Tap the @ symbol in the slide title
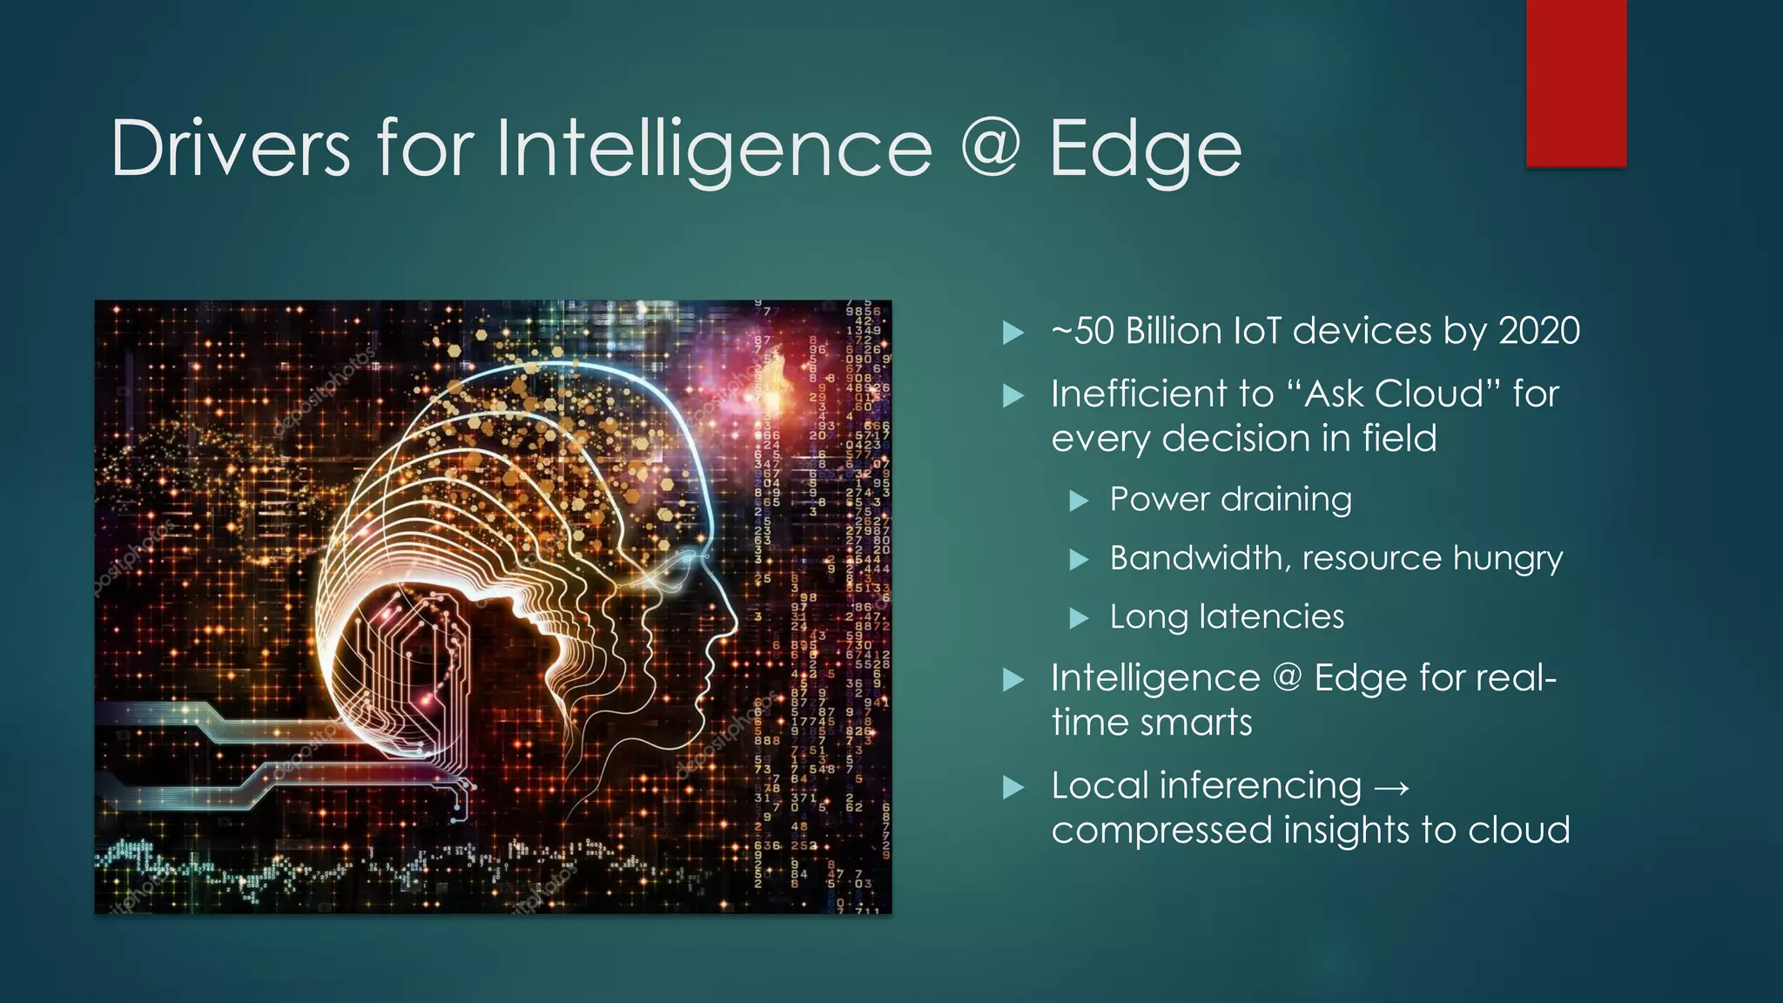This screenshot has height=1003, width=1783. pos(991,148)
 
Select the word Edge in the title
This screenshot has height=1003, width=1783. pos(1146,150)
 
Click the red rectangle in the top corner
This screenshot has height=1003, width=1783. pos(1576,83)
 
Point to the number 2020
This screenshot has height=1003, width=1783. pos(1539,331)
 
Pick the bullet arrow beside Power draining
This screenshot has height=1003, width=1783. pos(1080,501)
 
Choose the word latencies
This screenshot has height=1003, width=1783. pos(1272,616)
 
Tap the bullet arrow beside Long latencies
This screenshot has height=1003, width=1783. pos(1080,618)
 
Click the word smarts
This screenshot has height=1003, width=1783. pos(1201,723)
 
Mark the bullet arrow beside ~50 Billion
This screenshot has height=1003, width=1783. pos(1013,333)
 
